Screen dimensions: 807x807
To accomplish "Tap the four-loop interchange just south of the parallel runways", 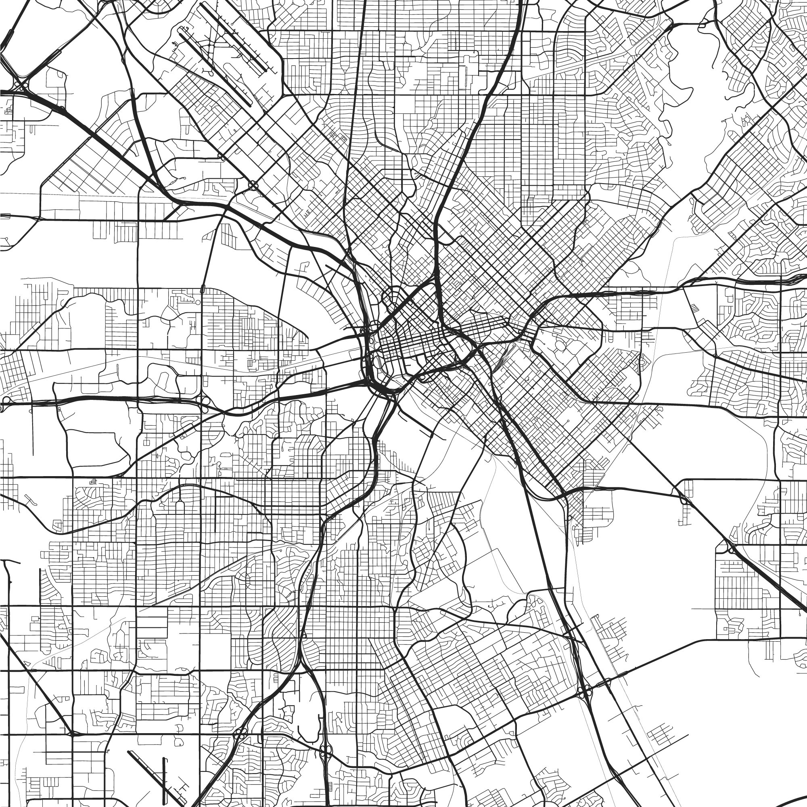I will point(253,184).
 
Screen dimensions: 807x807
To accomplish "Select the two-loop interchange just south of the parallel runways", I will point(221,157).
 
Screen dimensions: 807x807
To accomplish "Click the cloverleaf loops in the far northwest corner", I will point(20,85).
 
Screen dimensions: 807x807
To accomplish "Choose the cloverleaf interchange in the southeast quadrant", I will point(585,691).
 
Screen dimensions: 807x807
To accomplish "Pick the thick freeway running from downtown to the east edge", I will point(668,288).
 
